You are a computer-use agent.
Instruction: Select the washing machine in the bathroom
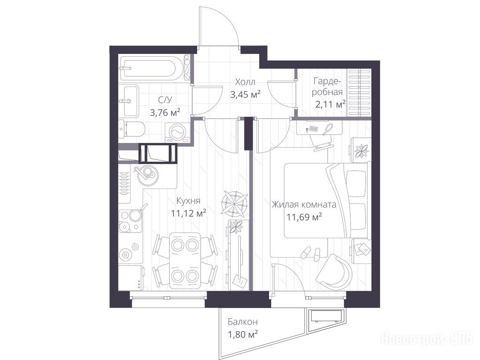[x=177, y=132]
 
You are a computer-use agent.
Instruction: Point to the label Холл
[x=245, y=82]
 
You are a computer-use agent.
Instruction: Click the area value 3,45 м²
[x=245, y=94]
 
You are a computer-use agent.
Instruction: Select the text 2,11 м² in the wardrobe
[x=330, y=105]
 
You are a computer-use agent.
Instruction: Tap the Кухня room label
[x=188, y=201]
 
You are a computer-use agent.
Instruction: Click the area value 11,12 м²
[x=188, y=213]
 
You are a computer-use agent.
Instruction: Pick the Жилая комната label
[x=304, y=204]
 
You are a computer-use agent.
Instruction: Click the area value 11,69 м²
[x=304, y=217]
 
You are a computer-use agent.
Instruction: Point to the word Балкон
[x=242, y=322]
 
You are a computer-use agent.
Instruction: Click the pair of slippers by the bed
[x=312, y=252]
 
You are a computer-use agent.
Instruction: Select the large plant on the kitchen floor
[x=234, y=202]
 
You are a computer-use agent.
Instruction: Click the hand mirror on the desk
[x=329, y=128]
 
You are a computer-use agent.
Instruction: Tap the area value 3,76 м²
[x=165, y=112]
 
